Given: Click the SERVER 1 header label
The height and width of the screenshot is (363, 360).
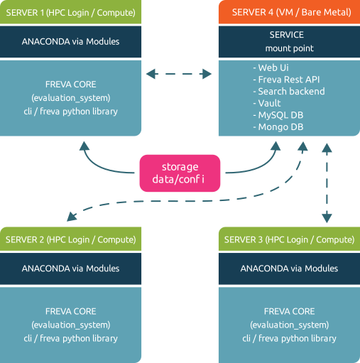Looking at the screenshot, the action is click(x=70, y=12).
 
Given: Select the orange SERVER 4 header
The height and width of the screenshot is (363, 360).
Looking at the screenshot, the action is click(x=289, y=12).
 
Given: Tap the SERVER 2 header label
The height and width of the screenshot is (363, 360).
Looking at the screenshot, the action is click(x=70, y=239).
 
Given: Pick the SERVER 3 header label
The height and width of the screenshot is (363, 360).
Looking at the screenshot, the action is click(x=289, y=239).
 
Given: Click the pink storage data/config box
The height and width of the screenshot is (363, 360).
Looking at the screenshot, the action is click(x=180, y=173).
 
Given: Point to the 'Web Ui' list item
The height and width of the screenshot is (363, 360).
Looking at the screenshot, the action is click(x=271, y=67).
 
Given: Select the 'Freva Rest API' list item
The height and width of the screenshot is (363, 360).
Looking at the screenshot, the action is click(x=286, y=80).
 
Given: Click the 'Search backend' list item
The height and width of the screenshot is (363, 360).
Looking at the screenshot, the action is click(x=289, y=92).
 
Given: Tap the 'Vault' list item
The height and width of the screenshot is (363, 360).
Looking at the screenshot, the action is click(x=267, y=103).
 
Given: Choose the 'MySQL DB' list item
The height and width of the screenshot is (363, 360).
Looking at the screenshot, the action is click(x=278, y=115).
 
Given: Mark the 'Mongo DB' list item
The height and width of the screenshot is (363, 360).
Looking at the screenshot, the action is click(x=278, y=127).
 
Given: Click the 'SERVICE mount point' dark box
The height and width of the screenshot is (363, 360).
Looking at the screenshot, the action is click(x=289, y=42).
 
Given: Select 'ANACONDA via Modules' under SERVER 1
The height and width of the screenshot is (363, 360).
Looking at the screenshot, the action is click(x=70, y=42).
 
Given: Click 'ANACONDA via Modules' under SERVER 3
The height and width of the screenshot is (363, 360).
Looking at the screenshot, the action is click(x=289, y=269).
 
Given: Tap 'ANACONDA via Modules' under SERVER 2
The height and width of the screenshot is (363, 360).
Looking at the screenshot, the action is click(x=70, y=269).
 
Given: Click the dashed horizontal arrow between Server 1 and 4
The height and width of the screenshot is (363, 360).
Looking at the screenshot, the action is click(x=179, y=74).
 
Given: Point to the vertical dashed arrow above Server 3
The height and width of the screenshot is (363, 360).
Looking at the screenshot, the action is click(x=327, y=183).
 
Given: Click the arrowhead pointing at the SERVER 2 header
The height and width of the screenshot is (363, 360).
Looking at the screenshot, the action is click(x=72, y=217).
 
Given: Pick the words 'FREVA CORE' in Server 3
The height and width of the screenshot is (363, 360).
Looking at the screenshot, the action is click(x=289, y=311).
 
